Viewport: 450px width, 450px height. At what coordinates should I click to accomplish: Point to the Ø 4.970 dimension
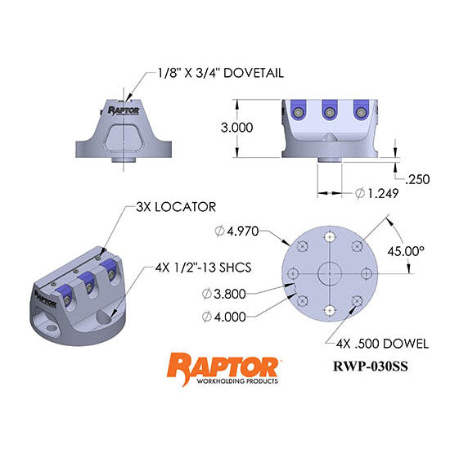click(x=240, y=231)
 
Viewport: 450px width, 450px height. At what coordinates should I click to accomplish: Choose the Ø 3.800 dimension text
click(x=223, y=292)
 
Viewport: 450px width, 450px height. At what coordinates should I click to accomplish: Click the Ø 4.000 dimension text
click(x=223, y=316)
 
